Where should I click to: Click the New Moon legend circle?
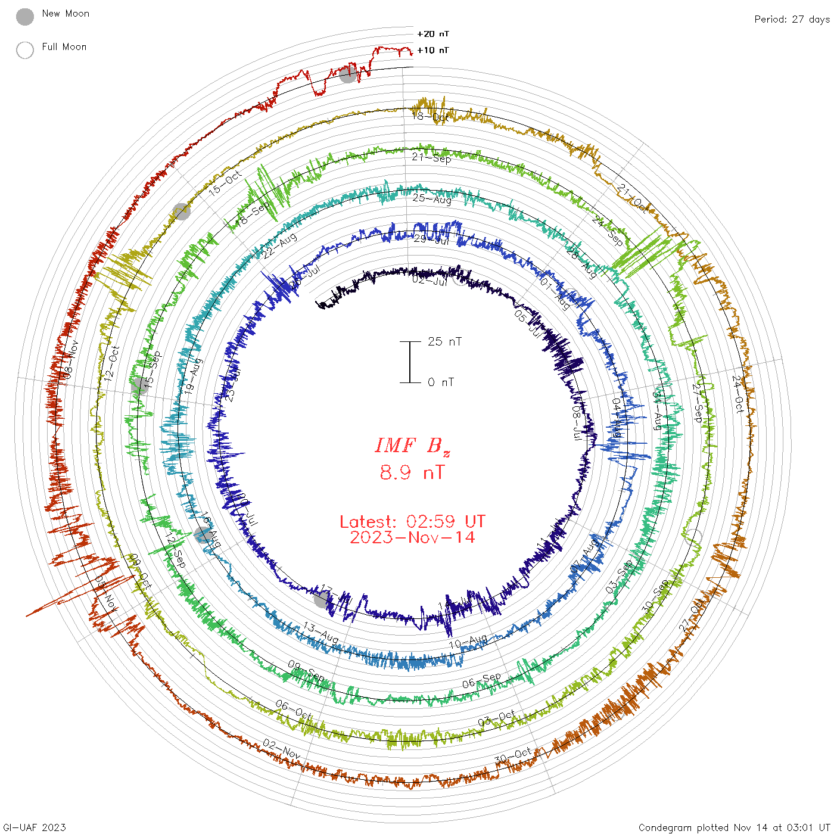pos(25,17)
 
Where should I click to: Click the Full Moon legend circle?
pos(25,50)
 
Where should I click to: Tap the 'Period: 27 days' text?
pos(792,20)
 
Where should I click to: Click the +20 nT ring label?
pos(432,34)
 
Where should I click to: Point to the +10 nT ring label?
pos(432,50)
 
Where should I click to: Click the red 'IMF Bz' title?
pos(412,446)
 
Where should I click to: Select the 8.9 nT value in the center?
pos(412,472)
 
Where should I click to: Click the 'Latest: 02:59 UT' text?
pos(412,522)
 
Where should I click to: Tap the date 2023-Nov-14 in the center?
pos(412,537)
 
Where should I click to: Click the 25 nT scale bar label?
pos(444,342)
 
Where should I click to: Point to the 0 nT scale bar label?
pos(441,382)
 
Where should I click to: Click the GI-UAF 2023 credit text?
pos(35,827)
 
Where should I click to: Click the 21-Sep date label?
pos(432,158)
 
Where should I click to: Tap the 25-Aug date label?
pos(432,198)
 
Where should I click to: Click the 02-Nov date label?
pos(282,749)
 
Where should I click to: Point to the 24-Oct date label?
pos(739,394)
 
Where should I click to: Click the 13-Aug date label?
pos(321,633)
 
